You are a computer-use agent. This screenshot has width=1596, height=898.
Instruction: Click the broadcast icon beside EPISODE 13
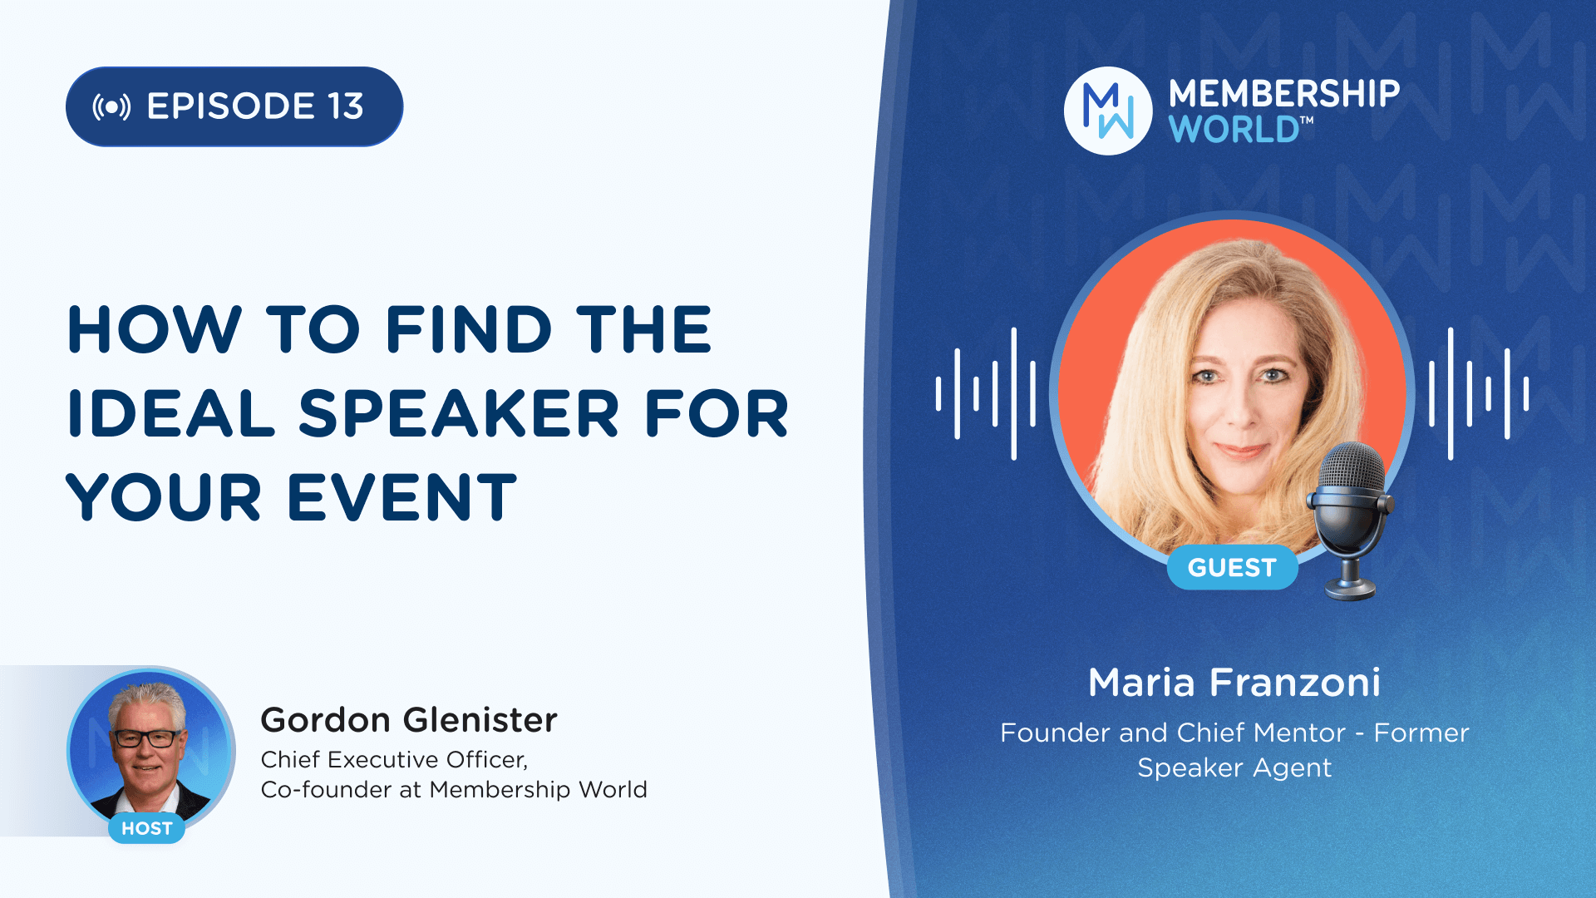point(111,107)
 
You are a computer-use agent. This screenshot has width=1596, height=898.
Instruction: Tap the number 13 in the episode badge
point(345,106)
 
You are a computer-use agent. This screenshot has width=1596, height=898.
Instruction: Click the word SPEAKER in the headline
point(459,413)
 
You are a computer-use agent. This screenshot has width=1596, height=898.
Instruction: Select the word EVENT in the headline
point(401,497)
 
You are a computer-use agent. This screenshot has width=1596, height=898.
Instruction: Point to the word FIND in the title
point(468,329)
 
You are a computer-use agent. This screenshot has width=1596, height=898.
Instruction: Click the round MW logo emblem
point(1108,111)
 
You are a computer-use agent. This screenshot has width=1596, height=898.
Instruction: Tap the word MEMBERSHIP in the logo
point(1284,94)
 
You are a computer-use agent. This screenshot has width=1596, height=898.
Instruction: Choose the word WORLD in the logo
point(1234,130)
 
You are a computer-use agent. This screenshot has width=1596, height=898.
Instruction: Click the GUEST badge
point(1232,568)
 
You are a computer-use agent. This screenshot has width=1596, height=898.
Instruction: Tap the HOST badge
point(147,828)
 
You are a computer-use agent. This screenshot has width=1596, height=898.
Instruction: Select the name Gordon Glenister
point(409,720)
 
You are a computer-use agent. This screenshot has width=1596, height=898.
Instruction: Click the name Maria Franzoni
point(1234,683)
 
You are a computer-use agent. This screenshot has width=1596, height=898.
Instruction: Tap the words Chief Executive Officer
point(394,760)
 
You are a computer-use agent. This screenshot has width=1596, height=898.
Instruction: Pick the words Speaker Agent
point(1234,768)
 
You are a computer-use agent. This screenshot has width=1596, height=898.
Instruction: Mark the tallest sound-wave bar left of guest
point(1014,393)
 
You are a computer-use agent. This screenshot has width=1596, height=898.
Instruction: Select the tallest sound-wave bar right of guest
point(1451,393)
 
